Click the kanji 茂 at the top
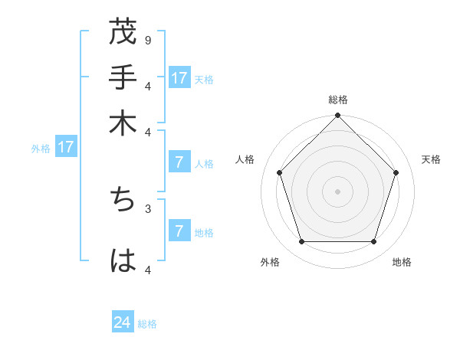point(123,32)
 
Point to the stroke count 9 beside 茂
point(147,40)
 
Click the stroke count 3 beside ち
point(147,208)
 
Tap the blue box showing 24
point(123,322)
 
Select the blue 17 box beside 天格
point(179,78)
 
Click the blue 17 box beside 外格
point(65,147)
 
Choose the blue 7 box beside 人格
point(179,162)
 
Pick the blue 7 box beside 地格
point(179,231)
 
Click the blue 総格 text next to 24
point(147,324)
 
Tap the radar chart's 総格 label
point(337,100)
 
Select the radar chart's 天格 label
point(431,159)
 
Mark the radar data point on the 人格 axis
point(280,172)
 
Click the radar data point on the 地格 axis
point(373,241)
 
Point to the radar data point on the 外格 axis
point(302,241)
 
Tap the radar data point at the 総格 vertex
point(337,116)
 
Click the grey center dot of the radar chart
point(337,191)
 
